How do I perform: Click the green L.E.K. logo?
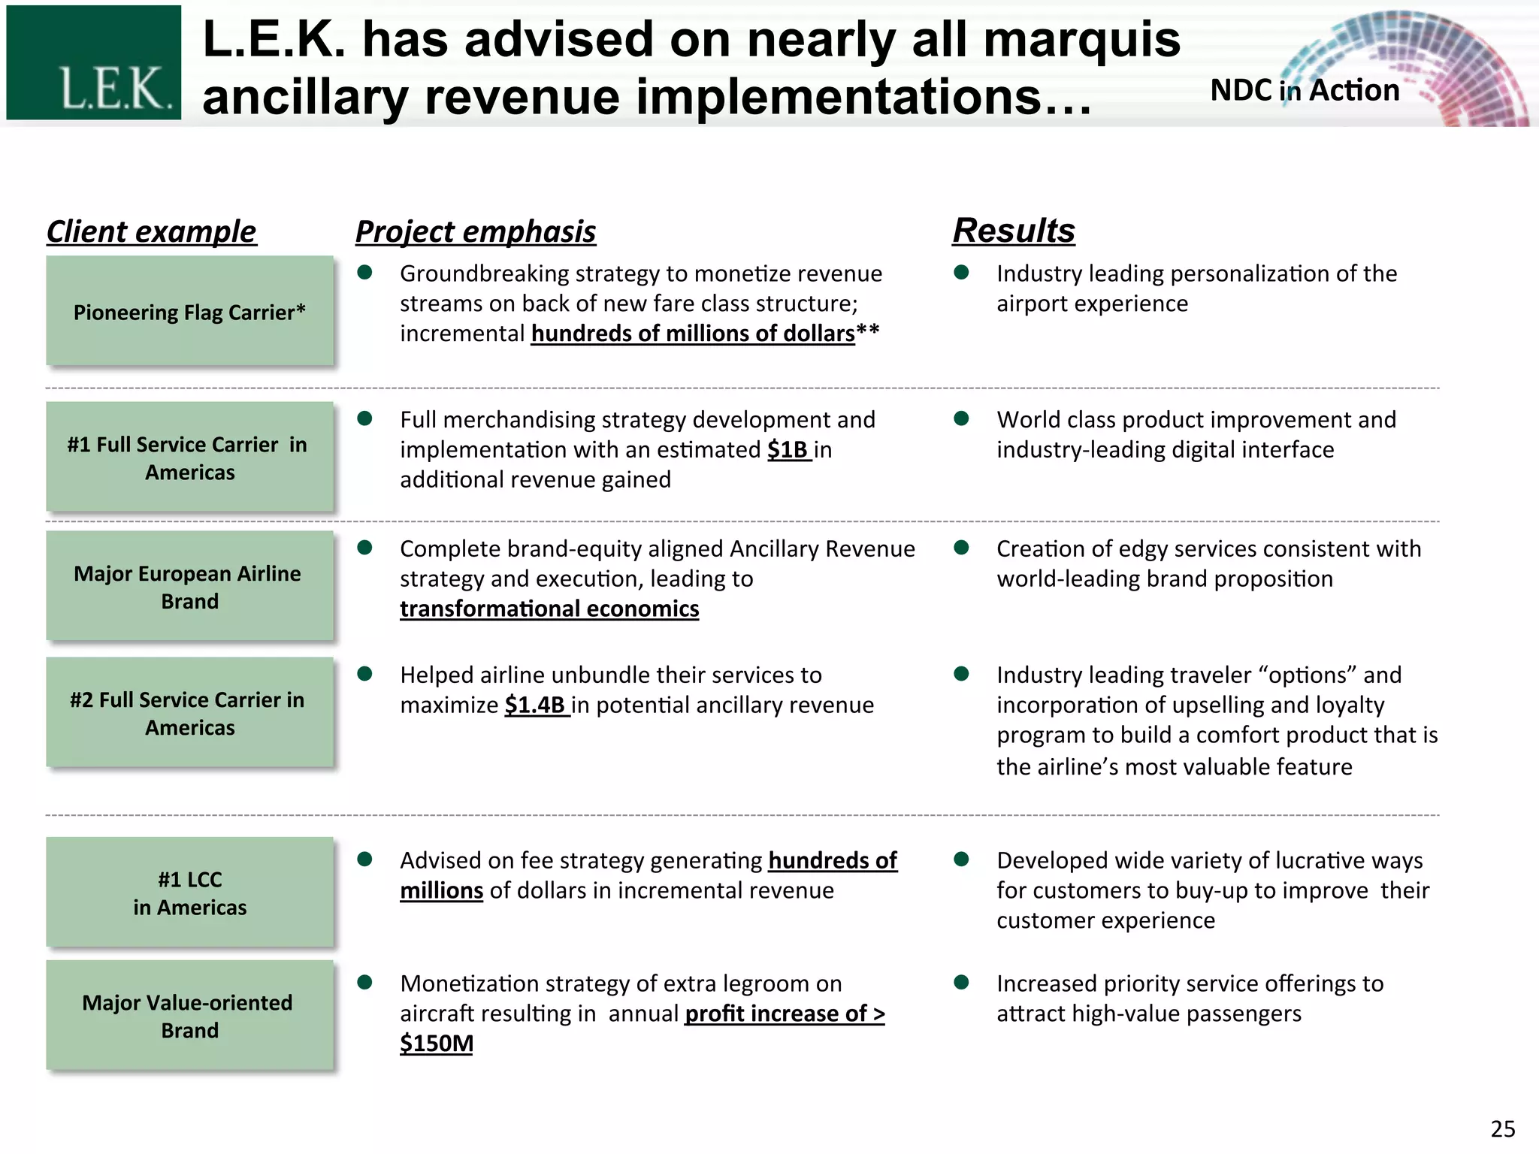click(93, 62)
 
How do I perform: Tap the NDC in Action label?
click(1305, 90)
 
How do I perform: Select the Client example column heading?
click(151, 231)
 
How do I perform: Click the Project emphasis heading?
click(475, 231)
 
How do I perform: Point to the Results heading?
click(1014, 230)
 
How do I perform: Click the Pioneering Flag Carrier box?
click(189, 311)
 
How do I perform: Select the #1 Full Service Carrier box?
click(189, 458)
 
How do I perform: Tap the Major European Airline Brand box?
click(189, 587)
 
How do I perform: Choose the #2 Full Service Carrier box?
click(189, 713)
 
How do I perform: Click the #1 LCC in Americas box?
click(189, 893)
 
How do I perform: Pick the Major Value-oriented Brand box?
click(189, 1016)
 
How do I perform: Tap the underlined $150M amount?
click(436, 1043)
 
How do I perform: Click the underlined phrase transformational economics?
click(549, 609)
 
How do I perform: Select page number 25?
click(1502, 1128)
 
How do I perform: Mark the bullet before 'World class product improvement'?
click(961, 418)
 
